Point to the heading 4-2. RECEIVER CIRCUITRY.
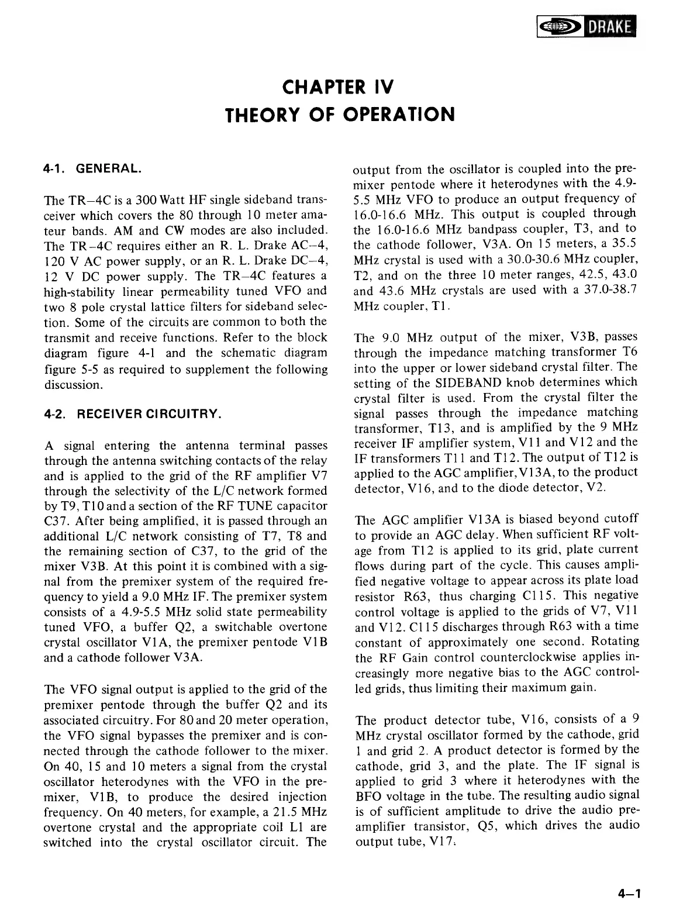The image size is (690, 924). [x=133, y=415]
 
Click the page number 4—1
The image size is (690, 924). [x=629, y=893]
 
